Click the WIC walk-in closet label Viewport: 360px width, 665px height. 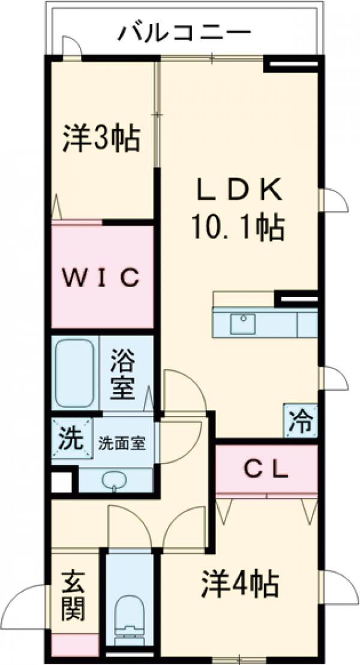[103, 277]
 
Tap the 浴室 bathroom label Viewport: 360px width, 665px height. [122, 375]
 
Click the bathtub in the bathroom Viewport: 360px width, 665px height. [74, 373]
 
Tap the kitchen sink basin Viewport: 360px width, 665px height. [244, 323]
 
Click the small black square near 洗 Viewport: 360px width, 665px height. [61, 483]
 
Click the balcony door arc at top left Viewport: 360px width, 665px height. [71, 45]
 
